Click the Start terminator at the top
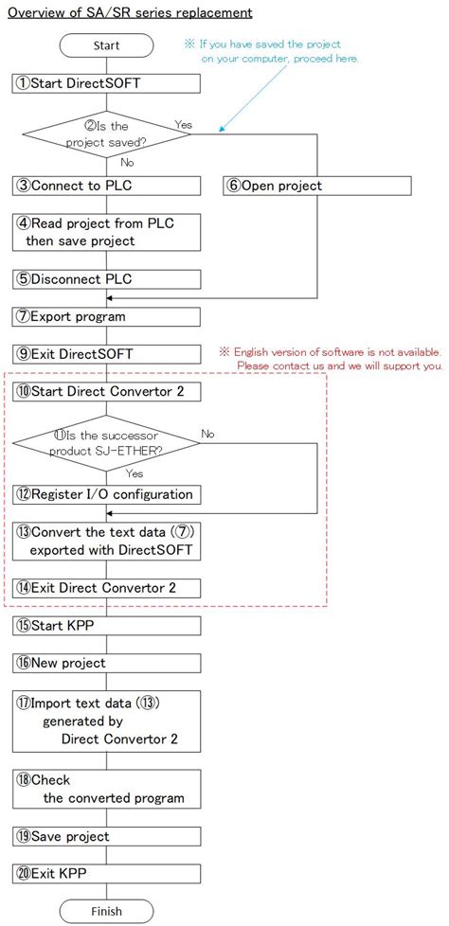click(107, 45)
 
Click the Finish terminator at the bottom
click(107, 911)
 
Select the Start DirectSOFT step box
click(107, 83)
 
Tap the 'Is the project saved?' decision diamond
click(107, 134)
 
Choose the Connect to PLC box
click(107, 186)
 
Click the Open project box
click(317, 186)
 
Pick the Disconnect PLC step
click(107, 279)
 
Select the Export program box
click(107, 316)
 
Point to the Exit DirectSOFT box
click(107, 353)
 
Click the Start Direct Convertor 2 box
click(107, 390)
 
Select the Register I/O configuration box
click(107, 493)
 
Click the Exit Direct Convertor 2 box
click(107, 588)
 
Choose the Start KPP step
click(107, 625)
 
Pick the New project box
click(107, 663)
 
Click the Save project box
click(107, 836)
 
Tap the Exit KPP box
click(107, 873)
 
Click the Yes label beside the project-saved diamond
click(185, 124)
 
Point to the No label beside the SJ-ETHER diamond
click(209, 434)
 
